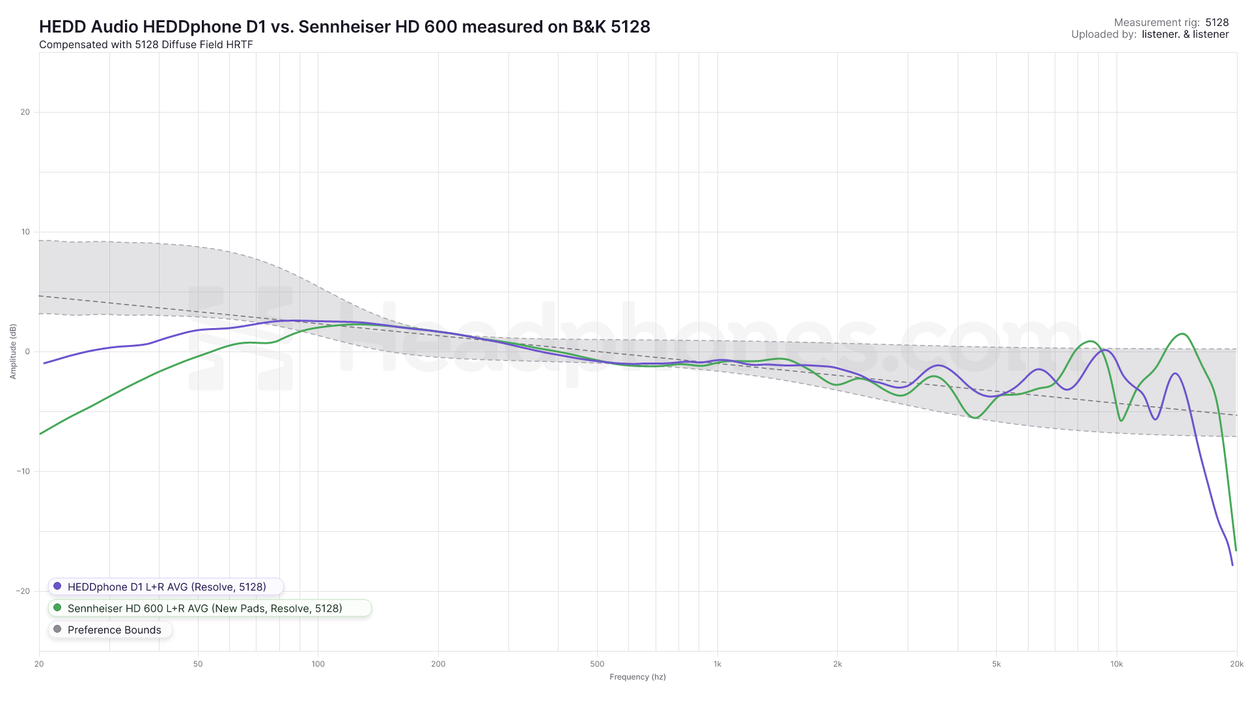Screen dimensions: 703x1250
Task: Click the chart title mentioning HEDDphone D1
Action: coord(344,27)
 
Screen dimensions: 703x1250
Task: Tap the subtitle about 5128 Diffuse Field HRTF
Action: coord(146,45)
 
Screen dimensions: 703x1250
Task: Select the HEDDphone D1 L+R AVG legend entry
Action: coord(166,586)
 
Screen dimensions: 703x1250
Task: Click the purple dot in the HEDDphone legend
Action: coord(57,586)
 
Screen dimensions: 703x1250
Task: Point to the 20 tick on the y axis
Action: coord(25,112)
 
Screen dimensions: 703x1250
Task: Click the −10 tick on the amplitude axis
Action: coord(23,471)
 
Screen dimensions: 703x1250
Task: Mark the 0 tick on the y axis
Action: coord(27,351)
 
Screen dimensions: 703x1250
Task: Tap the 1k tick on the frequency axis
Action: coord(717,664)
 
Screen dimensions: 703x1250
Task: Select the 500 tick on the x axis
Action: coord(597,664)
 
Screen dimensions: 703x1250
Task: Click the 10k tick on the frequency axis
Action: coord(1117,664)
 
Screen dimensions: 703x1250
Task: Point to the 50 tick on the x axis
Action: coord(198,664)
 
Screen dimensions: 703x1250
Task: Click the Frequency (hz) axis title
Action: coord(637,677)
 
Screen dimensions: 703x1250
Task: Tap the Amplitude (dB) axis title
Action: coord(13,351)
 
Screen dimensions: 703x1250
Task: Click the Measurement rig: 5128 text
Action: coord(1171,22)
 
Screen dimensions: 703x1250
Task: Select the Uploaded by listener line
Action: coord(1150,34)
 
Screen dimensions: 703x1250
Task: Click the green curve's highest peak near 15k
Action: coord(1183,334)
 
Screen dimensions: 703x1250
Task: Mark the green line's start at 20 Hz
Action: coord(40,434)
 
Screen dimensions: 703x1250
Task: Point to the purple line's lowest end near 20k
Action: coord(1232,564)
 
